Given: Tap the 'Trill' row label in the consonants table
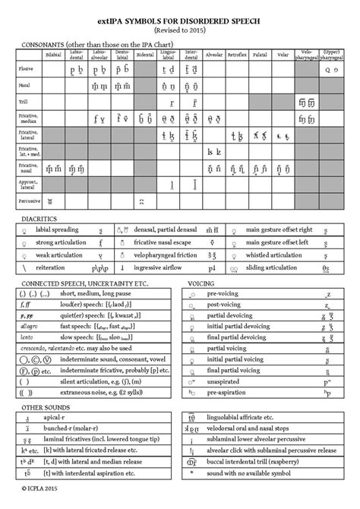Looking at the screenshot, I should (24, 103).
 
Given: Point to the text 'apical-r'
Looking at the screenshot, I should (58, 419).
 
